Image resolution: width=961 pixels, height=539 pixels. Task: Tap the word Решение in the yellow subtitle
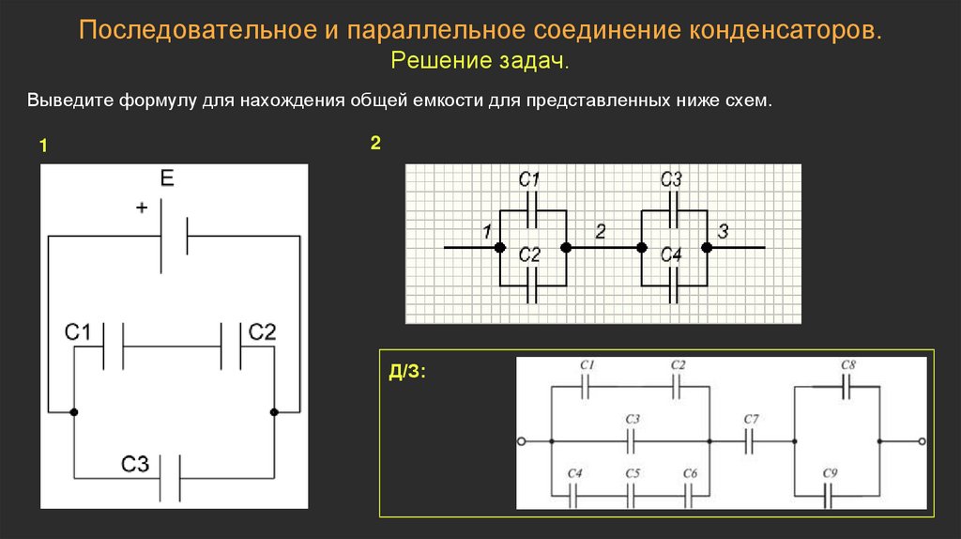tap(441, 60)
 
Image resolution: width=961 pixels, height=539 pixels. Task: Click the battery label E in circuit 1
tap(167, 177)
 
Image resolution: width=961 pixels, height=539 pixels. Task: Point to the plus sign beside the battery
tap(142, 208)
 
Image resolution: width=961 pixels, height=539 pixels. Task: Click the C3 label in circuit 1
tap(135, 464)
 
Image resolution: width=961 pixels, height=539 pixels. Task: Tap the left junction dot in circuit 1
tap(73, 412)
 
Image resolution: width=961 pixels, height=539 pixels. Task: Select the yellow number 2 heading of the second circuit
tap(375, 143)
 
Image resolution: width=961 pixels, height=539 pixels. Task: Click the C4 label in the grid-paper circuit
tap(670, 254)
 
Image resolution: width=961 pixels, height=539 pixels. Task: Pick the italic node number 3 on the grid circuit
tap(723, 231)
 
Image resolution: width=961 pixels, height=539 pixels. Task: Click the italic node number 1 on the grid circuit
tap(487, 231)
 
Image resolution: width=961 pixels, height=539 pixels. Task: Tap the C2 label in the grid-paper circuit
tap(529, 254)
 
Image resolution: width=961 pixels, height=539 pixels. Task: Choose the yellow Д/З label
tap(407, 372)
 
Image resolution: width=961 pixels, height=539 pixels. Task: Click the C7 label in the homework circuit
tap(751, 419)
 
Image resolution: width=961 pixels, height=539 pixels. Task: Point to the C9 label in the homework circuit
tap(830, 472)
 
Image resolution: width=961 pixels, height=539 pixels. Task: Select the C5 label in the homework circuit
tap(633, 472)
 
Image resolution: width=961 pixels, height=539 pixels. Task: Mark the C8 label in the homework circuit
tap(847, 365)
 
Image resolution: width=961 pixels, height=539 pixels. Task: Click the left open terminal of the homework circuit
tap(522, 441)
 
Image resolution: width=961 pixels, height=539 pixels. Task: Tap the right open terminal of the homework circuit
tap(922, 441)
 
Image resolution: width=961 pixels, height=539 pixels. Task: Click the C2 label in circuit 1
tap(263, 331)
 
